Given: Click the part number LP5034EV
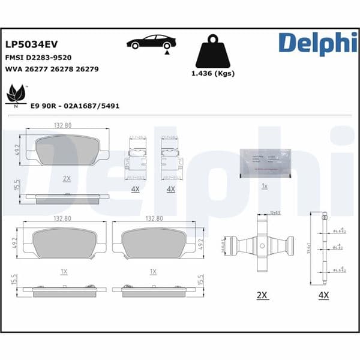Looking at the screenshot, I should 31,44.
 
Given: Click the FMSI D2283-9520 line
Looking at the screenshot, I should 38,58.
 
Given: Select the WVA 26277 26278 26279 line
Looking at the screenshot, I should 52,69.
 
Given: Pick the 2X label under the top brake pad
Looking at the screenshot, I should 67,178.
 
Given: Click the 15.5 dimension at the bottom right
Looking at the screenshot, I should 200,280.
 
